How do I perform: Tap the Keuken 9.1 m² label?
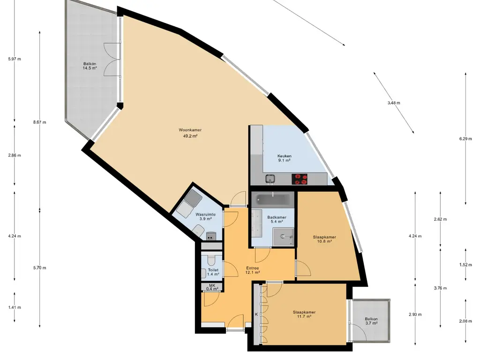click(x=285, y=158)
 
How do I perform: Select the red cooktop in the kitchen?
click(x=300, y=179)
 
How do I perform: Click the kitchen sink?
click(x=270, y=178)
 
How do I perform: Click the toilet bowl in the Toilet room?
click(x=211, y=260)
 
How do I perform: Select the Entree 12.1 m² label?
click(x=253, y=270)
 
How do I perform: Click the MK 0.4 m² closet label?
click(x=212, y=287)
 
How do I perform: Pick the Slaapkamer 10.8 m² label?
click(x=324, y=239)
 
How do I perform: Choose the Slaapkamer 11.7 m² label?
click(x=304, y=315)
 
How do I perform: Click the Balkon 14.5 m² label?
click(x=90, y=66)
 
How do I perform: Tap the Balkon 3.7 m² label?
click(x=371, y=321)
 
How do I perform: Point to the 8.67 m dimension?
click(x=40, y=122)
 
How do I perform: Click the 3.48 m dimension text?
click(x=394, y=103)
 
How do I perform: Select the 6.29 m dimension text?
click(x=465, y=139)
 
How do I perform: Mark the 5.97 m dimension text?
click(x=15, y=59)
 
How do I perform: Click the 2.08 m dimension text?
click(x=465, y=321)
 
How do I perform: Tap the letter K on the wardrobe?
click(x=256, y=315)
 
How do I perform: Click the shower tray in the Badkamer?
click(x=283, y=236)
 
